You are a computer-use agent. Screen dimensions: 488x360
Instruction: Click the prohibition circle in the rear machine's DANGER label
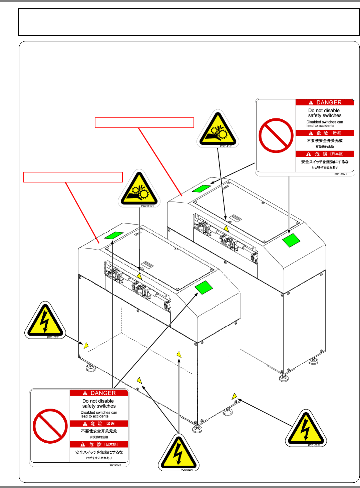(276, 135)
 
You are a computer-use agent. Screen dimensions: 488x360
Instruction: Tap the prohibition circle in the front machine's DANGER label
(50, 426)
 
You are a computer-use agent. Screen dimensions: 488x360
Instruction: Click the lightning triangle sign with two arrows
(178, 453)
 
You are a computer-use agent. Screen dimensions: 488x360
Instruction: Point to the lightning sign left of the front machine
(45, 321)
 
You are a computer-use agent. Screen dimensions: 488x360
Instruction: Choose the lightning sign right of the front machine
(306, 429)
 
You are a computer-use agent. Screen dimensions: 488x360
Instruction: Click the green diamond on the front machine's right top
(204, 288)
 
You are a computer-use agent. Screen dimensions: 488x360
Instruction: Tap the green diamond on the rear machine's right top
(291, 240)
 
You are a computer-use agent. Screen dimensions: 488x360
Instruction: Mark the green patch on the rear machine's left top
(202, 188)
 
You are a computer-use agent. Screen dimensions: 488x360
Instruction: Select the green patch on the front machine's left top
(114, 235)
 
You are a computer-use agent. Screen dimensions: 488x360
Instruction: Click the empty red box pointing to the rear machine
(144, 123)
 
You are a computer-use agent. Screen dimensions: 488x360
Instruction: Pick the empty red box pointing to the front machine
(73, 177)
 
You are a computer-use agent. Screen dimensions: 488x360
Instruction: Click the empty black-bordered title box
(189, 22)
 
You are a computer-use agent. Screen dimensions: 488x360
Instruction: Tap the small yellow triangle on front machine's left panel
(86, 346)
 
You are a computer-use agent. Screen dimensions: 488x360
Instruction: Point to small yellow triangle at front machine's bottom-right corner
(235, 396)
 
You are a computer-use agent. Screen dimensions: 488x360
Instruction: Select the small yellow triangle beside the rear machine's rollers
(226, 228)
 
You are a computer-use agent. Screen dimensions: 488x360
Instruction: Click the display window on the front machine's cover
(147, 266)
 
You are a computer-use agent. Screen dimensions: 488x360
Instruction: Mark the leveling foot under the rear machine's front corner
(284, 377)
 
